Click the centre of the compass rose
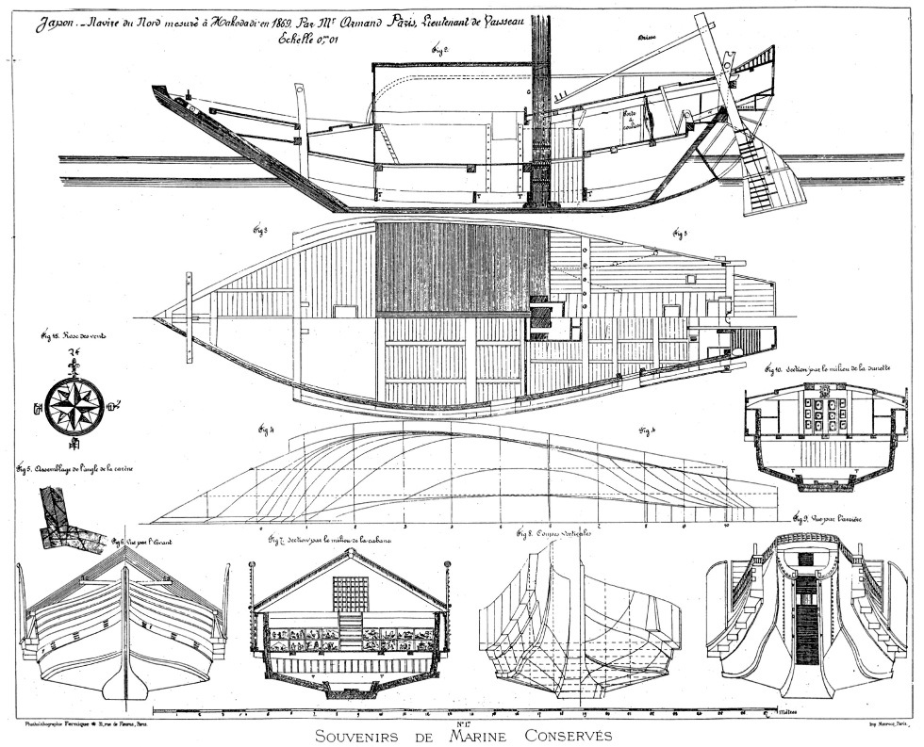click(74, 406)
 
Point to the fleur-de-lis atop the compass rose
click(74, 364)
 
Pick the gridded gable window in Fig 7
click(350, 593)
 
